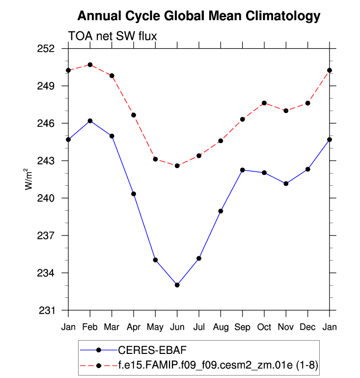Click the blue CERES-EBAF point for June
(x=177, y=285)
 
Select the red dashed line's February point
(x=90, y=64)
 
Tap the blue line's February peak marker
(x=90, y=121)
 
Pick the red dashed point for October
(x=264, y=103)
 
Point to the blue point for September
(x=242, y=170)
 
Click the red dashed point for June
(x=177, y=166)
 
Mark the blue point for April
(x=134, y=194)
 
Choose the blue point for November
(x=286, y=183)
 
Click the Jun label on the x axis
(x=177, y=327)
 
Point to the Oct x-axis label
(x=264, y=327)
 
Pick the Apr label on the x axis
(x=134, y=327)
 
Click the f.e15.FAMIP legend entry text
(x=219, y=365)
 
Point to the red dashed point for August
(x=221, y=141)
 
